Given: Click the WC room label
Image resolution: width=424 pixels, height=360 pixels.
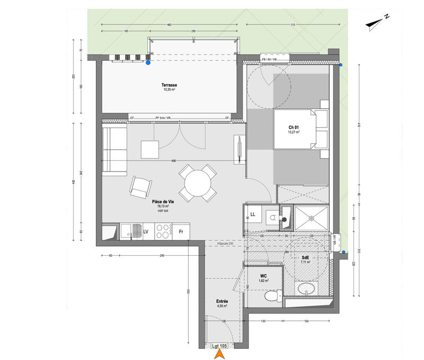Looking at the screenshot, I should click(x=263, y=276).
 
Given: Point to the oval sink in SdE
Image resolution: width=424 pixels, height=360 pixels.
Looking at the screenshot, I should click(x=306, y=289).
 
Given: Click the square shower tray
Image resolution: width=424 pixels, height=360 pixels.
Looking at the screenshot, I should click(x=312, y=218).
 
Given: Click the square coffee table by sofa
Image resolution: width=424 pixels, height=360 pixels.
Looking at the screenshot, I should click(x=149, y=149).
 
